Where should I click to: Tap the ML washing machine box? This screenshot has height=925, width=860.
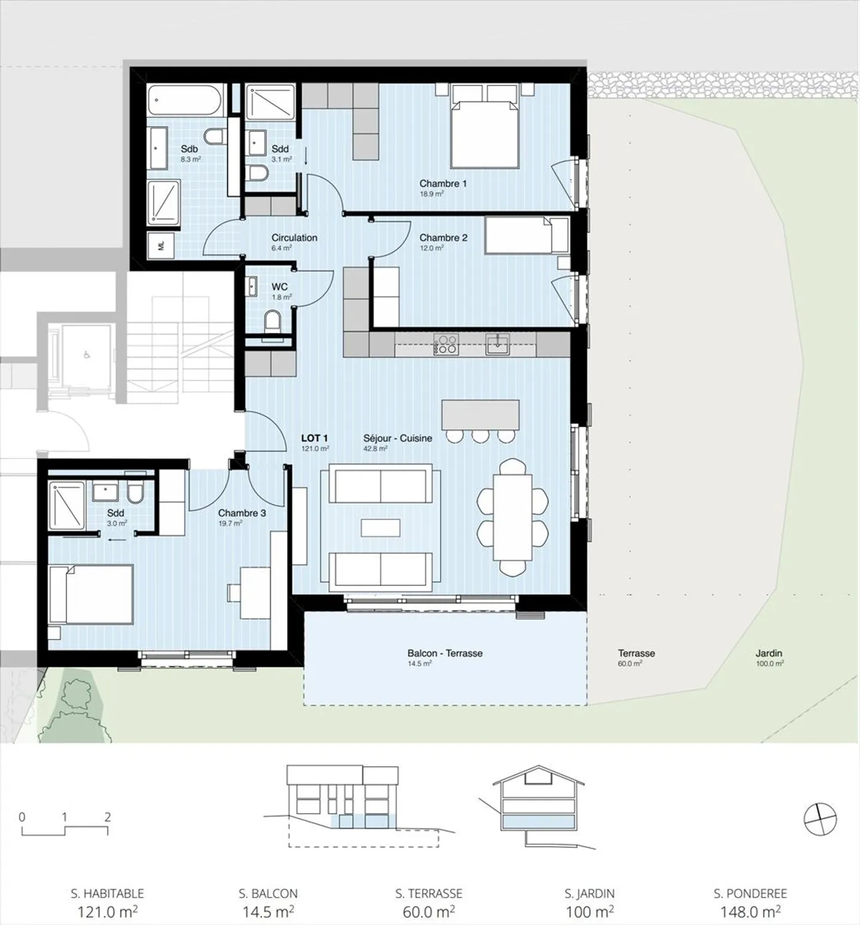(161, 245)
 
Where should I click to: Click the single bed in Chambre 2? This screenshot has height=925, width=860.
(526, 235)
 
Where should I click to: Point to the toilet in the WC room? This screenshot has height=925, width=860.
(273, 321)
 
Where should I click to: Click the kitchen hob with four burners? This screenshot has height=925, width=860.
(446, 345)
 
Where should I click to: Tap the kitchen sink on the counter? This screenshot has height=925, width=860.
(497, 344)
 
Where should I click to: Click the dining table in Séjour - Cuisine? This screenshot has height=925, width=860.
(512, 517)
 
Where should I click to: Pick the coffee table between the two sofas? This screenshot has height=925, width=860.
(380, 528)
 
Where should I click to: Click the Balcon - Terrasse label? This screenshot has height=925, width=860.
(445, 653)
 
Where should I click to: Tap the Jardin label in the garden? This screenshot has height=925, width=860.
(769, 653)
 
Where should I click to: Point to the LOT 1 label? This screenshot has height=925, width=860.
(314, 438)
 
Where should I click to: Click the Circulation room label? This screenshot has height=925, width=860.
(294, 238)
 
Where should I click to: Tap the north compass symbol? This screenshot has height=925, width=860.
(820, 819)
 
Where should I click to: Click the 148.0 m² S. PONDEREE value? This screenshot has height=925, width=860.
(750, 912)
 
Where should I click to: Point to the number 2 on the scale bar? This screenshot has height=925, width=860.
(107, 816)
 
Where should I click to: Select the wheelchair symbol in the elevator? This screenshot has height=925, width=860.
(87, 355)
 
